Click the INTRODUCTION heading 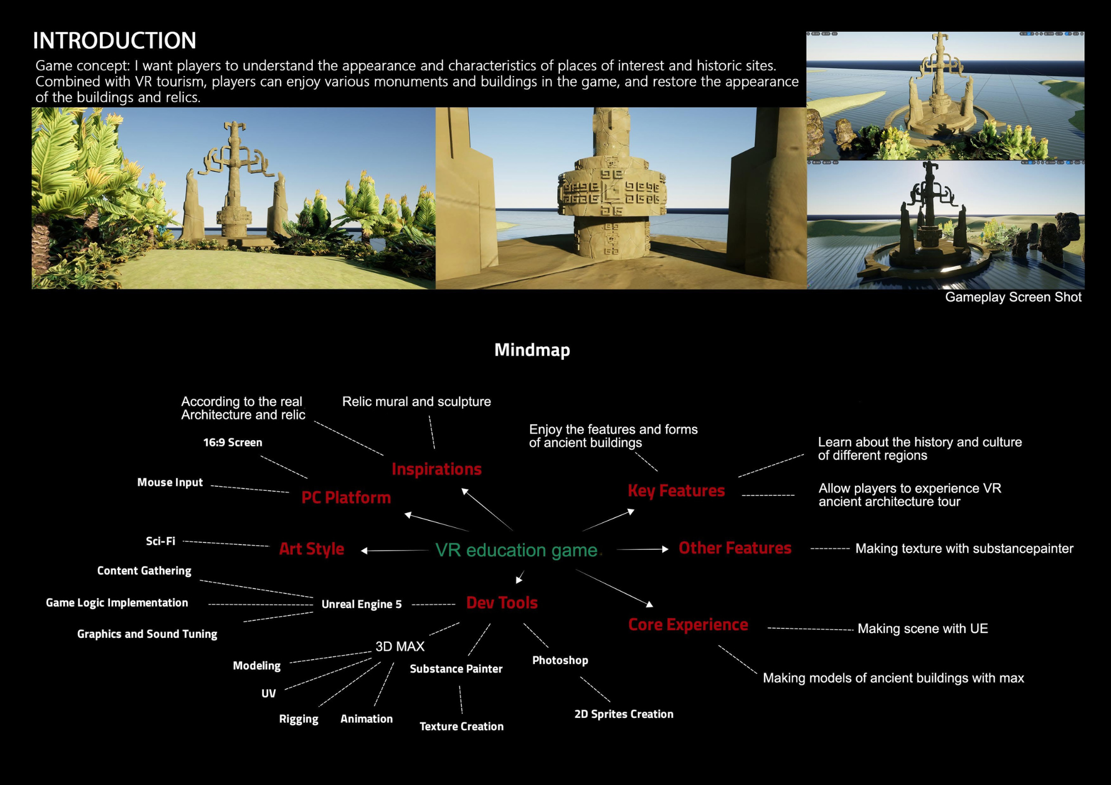tap(114, 41)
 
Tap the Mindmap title tap(532, 350)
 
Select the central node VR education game tap(516, 550)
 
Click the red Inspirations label tap(437, 469)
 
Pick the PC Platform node tap(346, 497)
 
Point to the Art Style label tap(312, 549)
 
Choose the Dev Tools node tap(502, 603)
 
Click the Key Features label tap(676, 491)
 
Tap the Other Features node tap(735, 548)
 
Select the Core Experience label tap(688, 625)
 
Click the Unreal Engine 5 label tap(362, 605)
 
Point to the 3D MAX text tap(400, 646)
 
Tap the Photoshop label tap(560, 661)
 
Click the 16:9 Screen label tap(233, 442)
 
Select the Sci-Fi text tap(161, 541)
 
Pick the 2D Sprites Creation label tap(624, 714)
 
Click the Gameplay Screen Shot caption tap(1013, 297)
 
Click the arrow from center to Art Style tap(394, 551)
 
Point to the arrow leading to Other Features tap(643, 549)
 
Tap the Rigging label tap(299, 719)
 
